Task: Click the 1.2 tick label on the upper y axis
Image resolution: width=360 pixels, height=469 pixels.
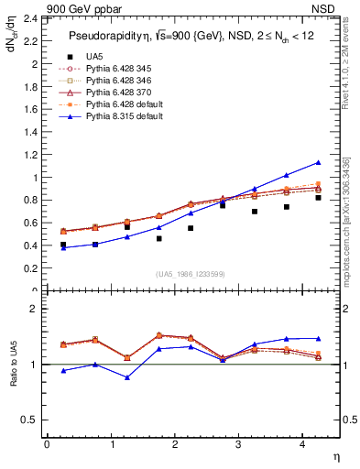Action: pos(27,155)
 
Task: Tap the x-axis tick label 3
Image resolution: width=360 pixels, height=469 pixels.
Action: pos(238,444)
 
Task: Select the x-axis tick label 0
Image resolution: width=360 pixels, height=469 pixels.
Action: pos(47,444)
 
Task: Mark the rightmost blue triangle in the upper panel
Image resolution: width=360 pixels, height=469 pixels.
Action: pos(319,163)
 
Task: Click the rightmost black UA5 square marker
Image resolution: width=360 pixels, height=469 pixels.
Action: pos(319,198)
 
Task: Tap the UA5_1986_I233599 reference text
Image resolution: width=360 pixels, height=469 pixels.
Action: pos(191,274)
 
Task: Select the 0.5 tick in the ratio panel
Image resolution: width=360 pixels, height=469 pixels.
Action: pos(28,420)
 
